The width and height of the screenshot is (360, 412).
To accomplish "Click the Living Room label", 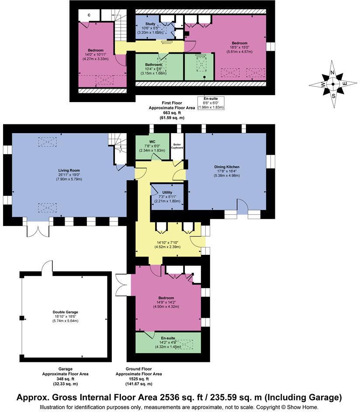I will (x=69, y=171).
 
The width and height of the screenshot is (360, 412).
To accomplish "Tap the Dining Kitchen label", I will (x=226, y=167).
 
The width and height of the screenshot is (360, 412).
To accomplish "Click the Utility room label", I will (x=167, y=192).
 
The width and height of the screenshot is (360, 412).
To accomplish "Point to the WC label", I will (x=152, y=141).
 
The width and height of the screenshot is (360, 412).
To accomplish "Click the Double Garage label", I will (x=65, y=312).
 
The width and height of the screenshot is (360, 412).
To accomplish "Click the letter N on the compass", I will (x=332, y=73).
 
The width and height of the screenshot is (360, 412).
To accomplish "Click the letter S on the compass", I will (x=334, y=96).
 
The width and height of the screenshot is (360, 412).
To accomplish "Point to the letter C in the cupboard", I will (x=89, y=15).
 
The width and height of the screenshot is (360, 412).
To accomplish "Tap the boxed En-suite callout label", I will (x=211, y=99).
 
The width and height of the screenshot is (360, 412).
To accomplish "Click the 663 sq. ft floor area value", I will (x=166, y=113).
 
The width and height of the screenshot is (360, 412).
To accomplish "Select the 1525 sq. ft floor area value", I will (x=138, y=379).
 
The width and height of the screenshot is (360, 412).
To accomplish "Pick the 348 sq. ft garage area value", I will (x=66, y=379).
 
